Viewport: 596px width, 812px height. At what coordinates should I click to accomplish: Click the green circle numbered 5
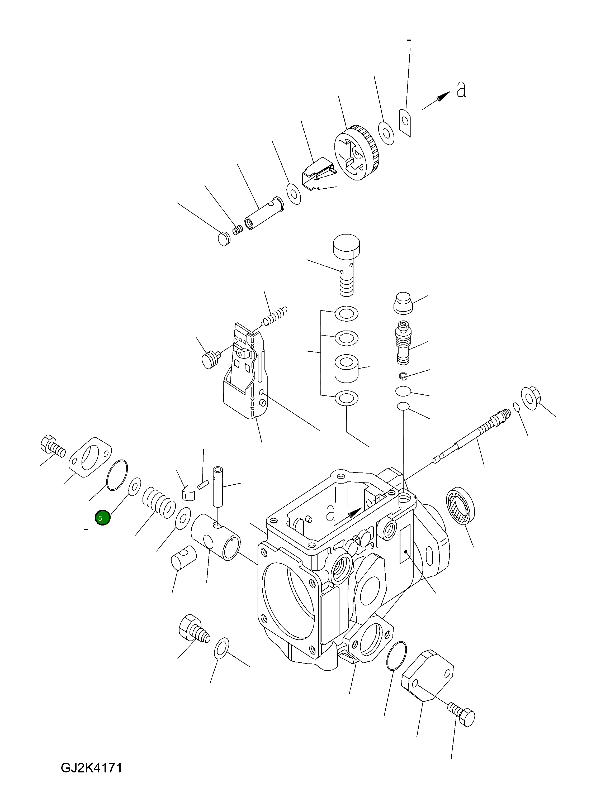102,518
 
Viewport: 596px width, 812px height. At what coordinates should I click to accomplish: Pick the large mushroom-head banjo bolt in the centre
346,263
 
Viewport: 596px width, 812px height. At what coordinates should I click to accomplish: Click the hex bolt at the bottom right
462,714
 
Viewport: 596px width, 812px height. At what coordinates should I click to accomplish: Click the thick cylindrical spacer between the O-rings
346,368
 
